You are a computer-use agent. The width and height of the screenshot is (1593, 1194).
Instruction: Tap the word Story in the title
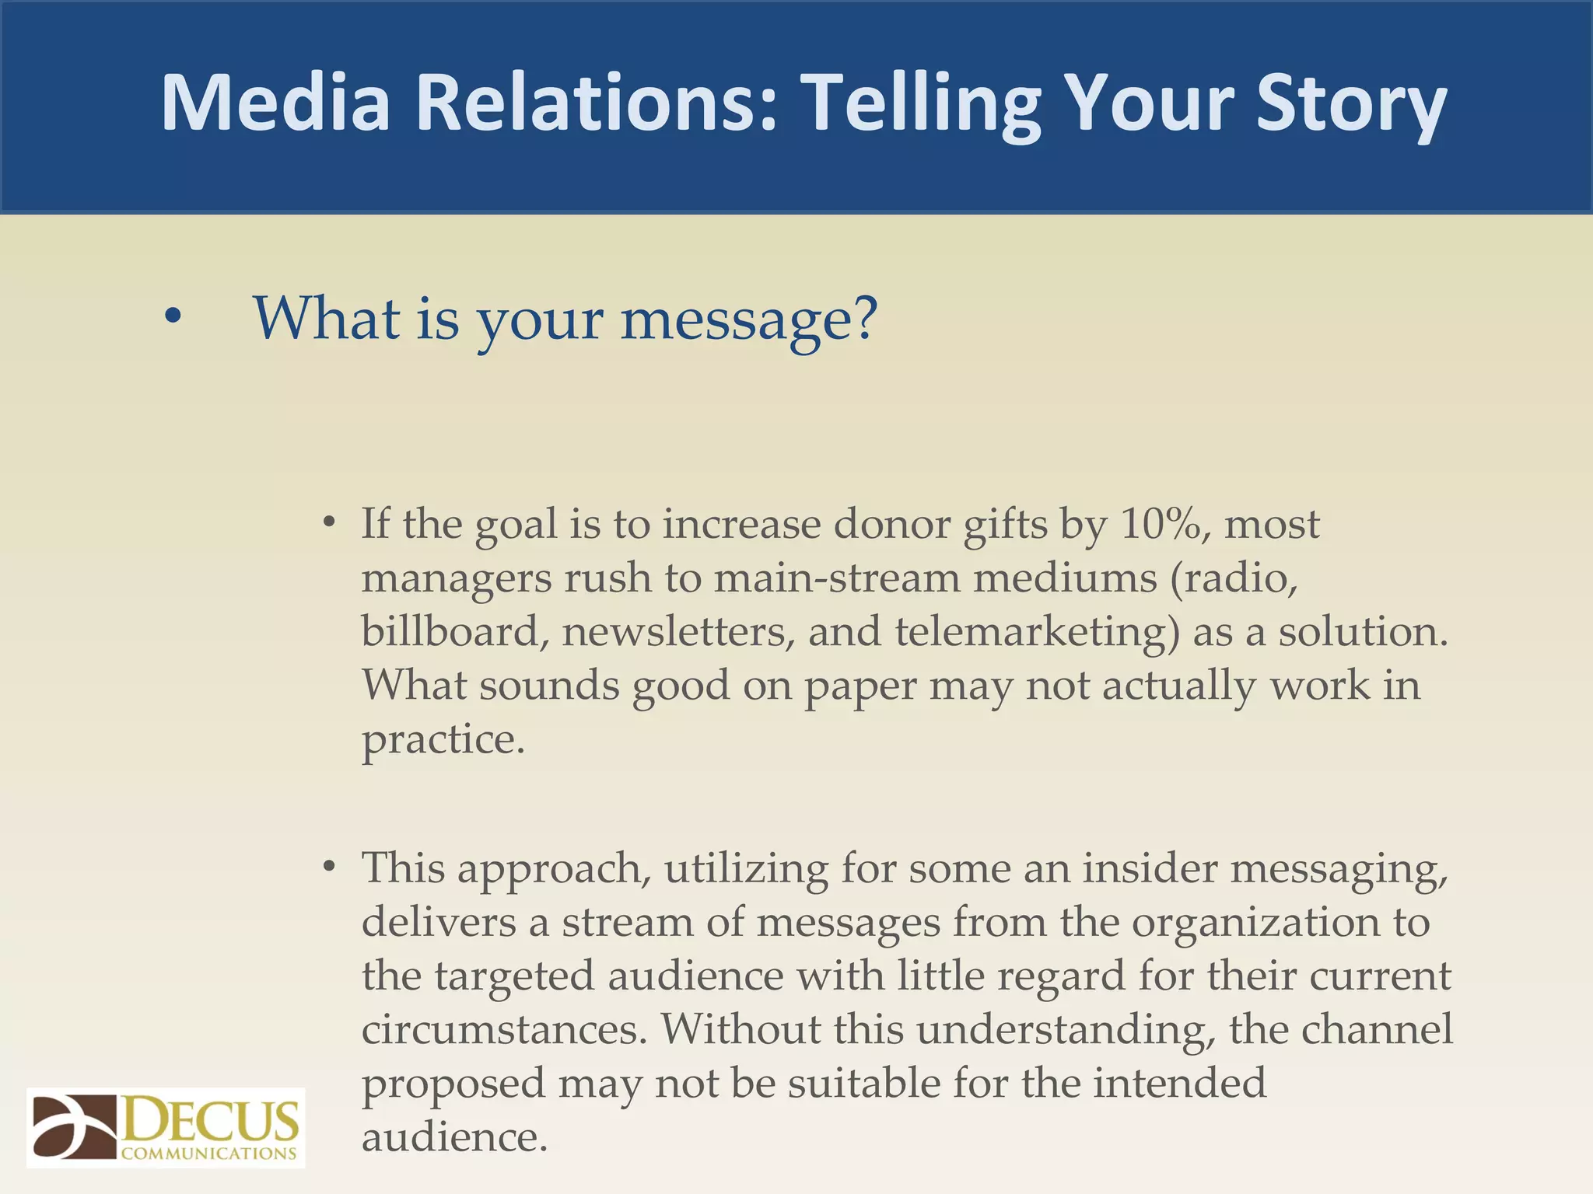(x=1351, y=103)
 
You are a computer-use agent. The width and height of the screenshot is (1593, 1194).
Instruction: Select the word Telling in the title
(x=920, y=103)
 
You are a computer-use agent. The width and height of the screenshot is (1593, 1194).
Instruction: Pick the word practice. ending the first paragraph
(x=443, y=738)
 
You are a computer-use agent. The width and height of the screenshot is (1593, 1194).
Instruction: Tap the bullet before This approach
(x=330, y=866)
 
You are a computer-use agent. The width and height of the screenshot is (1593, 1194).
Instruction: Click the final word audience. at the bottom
(x=455, y=1136)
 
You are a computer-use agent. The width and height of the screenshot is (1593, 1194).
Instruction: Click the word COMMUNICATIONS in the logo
(x=208, y=1154)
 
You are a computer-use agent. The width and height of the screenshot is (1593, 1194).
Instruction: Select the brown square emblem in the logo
(x=74, y=1127)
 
